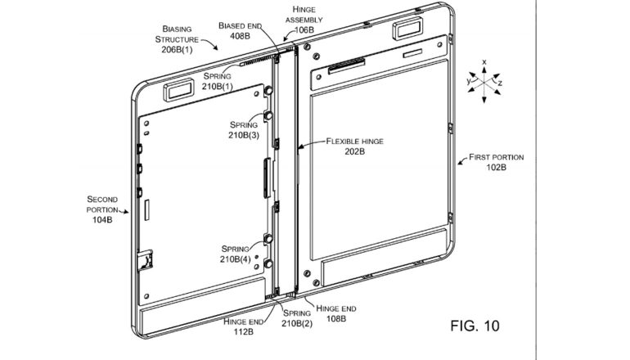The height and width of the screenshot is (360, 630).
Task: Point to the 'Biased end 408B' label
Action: pos(241,31)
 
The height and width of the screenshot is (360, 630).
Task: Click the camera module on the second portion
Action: pos(180,88)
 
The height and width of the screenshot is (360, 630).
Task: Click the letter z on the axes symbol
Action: pos(500,83)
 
